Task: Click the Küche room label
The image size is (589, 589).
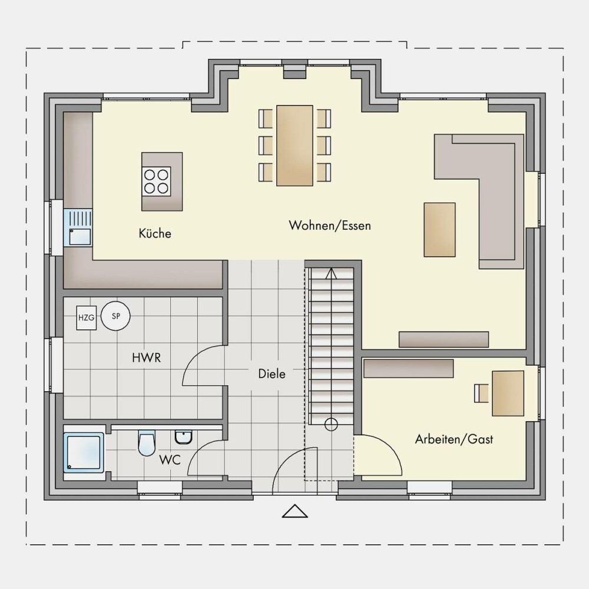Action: coord(155,233)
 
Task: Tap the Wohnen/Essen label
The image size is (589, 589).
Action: coord(330,226)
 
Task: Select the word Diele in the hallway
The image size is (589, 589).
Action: coord(272,374)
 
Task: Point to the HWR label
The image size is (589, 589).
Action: coord(147,358)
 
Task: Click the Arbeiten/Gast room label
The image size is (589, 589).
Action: coord(454,439)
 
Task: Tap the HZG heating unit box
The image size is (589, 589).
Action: coord(87,318)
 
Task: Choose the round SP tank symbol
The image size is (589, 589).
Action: coord(115,316)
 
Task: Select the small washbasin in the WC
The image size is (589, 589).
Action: coord(184,437)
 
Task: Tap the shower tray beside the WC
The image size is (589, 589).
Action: coord(84,452)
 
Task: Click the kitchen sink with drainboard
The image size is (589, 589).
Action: coord(78,227)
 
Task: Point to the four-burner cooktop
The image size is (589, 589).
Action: coord(156,181)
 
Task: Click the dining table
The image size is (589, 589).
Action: coord(294,145)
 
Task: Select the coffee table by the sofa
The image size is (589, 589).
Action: coord(439,230)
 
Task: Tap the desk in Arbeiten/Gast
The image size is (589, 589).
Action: coord(508,393)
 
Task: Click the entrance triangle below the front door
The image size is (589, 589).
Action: coord(295,511)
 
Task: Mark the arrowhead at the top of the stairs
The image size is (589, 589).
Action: coord(331,274)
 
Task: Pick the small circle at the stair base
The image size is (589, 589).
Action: coord(331,425)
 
